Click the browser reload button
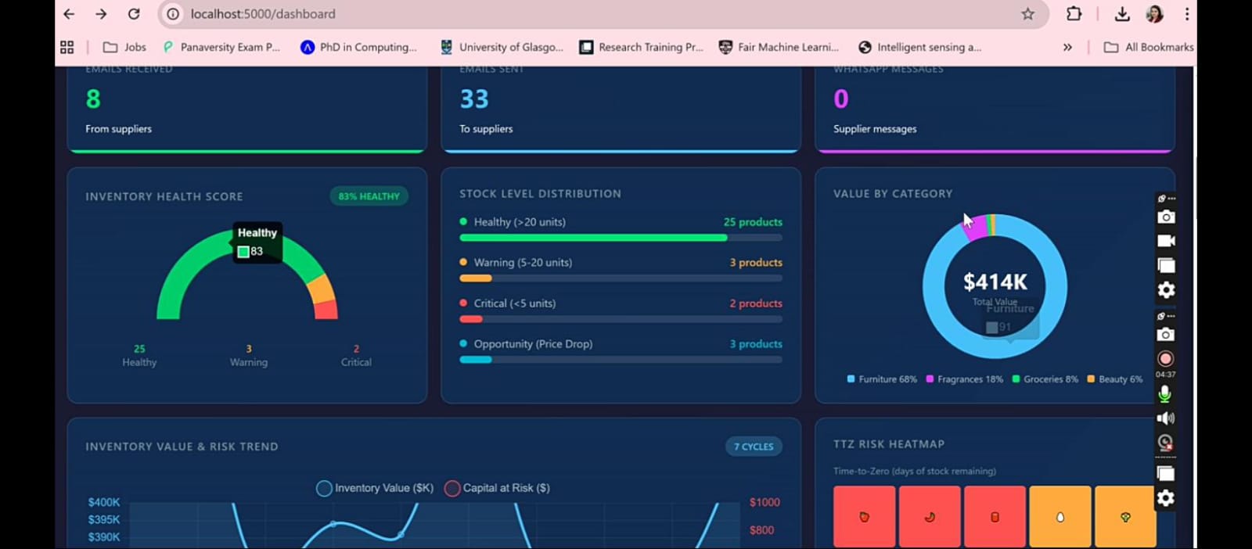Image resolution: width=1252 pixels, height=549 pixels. [x=134, y=14]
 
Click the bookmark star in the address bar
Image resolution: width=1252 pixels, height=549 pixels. [x=1027, y=14]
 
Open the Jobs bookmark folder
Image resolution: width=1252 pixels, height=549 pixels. [x=124, y=47]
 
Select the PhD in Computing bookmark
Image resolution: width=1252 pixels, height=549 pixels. [x=358, y=47]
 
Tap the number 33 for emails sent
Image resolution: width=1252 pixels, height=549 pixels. [x=474, y=99]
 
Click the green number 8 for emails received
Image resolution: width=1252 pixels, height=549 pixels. [x=93, y=99]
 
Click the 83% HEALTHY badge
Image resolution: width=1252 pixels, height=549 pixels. [x=369, y=196]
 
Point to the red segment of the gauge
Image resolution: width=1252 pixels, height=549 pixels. [x=326, y=310]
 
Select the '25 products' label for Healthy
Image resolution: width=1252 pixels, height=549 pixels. [x=752, y=222]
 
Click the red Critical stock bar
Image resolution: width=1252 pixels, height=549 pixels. [x=471, y=319]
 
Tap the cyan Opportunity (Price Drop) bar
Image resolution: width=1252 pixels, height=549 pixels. [x=476, y=360]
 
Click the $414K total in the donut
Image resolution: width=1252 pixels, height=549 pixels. [x=995, y=282]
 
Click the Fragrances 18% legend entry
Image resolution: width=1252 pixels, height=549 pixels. [x=964, y=379]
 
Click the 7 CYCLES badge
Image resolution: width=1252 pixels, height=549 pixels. [x=754, y=447]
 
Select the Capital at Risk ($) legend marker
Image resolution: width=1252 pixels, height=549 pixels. [x=452, y=488]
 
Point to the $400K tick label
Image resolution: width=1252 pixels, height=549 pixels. [x=104, y=502]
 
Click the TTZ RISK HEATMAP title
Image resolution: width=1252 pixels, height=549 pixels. [x=888, y=444]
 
